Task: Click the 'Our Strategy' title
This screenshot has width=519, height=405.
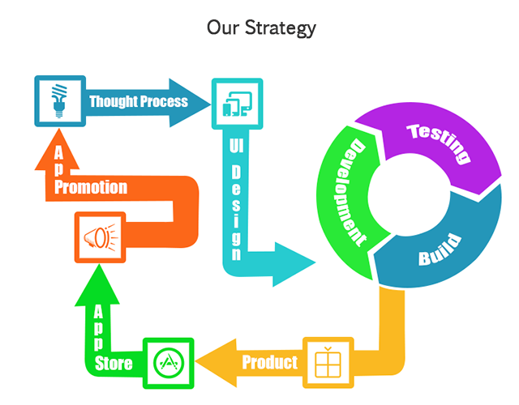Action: point(261,28)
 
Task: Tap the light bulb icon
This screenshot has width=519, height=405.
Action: point(59,100)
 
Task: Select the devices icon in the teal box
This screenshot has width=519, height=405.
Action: point(238,104)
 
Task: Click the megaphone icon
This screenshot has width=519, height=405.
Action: point(101,237)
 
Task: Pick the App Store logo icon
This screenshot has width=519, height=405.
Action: point(169,363)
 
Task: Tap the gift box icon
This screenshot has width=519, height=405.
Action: point(328,362)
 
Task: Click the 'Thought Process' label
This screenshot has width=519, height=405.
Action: point(139,101)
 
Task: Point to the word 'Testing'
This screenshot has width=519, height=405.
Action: point(440,143)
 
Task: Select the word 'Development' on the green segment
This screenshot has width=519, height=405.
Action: point(354,193)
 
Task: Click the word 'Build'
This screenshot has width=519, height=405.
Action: point(440,249)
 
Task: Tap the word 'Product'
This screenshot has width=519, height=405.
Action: point(270,362)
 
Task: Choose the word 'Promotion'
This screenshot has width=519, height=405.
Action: point(91,187)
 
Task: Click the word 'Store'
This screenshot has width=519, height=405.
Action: point(114,364)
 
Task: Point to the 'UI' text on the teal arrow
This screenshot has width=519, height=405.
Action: point(236,146)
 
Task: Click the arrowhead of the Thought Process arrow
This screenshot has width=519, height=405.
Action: point(189,103)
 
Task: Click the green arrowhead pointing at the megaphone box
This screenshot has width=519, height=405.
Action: point(98,285)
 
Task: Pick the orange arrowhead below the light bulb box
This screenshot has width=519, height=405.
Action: point(58,149)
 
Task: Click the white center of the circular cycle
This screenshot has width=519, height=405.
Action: point(409,195)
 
